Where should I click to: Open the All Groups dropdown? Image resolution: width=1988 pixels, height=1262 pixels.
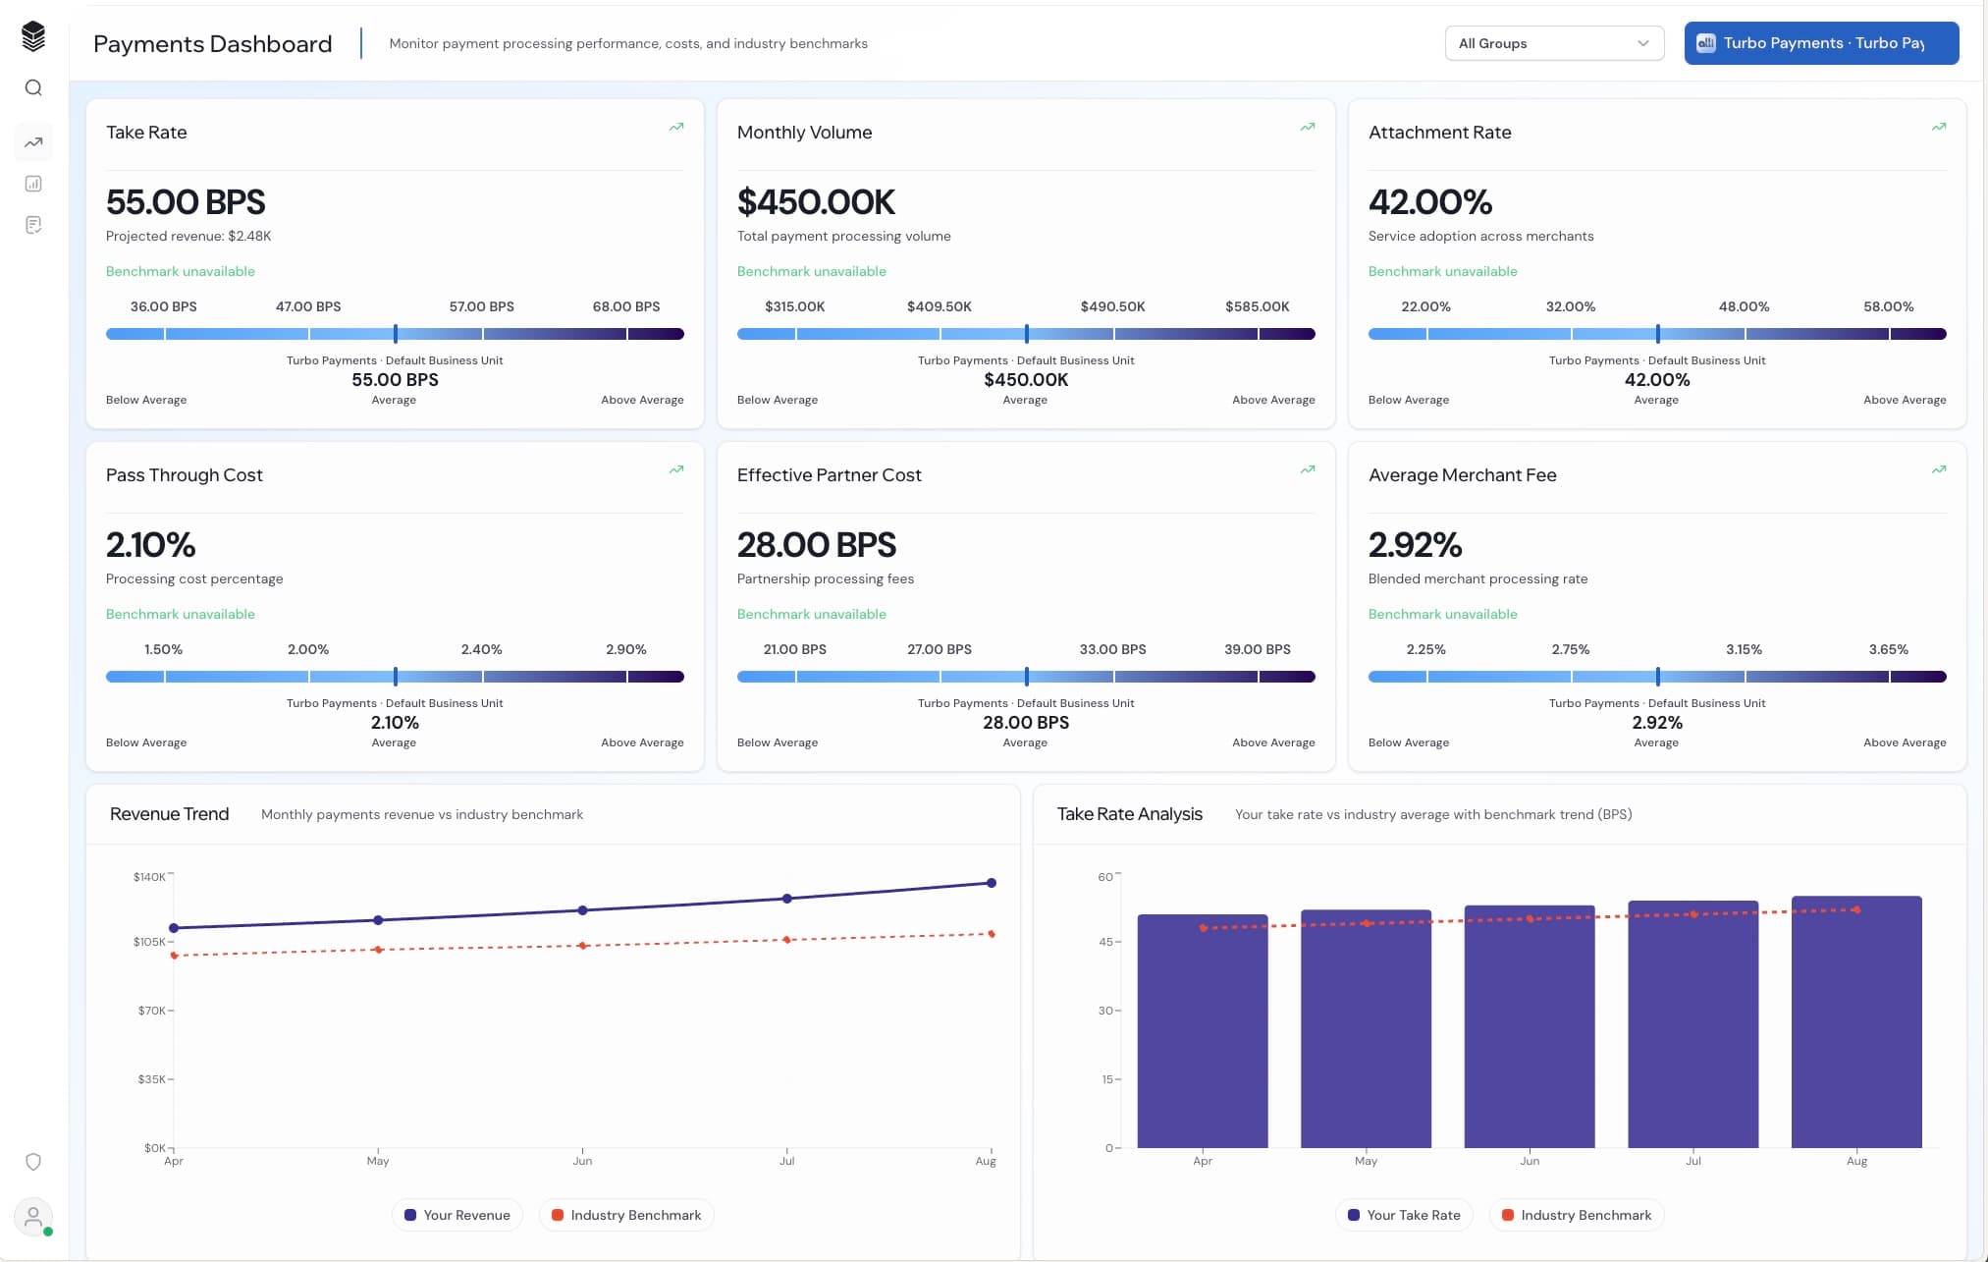[1553, 43]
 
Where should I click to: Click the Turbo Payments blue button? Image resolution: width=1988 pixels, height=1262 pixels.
[1821, 43]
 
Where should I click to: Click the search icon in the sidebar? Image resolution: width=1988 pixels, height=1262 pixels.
[33, 88]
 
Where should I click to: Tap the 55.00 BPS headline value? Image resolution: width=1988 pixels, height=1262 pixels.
[186, 202]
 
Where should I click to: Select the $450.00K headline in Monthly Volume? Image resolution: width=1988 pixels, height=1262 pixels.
[816, 202]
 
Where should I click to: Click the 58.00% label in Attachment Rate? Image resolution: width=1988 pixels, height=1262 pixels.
[1888, 306]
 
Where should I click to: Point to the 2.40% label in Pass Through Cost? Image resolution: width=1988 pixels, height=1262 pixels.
[481, 649]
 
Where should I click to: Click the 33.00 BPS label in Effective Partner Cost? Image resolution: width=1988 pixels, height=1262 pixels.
[1112, 649]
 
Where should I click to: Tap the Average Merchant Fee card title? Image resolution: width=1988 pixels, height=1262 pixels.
[1462, 475]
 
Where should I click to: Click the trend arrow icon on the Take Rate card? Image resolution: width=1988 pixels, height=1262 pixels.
[676, 128]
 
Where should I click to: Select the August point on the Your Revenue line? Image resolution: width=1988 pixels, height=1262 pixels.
[992, 883]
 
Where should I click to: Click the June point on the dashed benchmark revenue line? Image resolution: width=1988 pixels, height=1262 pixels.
[582, 946]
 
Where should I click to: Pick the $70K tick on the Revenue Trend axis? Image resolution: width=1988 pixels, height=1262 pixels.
[151, 1011]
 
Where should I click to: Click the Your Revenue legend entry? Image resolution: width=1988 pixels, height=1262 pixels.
[457, 1215]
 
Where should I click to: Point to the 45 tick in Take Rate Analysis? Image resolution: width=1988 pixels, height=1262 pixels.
[1105, 942]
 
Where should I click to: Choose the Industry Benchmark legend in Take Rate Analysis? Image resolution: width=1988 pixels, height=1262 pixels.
[1576, 1215]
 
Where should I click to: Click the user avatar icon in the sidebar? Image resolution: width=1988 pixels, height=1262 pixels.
[33, 1218]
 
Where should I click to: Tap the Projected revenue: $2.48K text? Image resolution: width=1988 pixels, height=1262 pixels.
[188, 236]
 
